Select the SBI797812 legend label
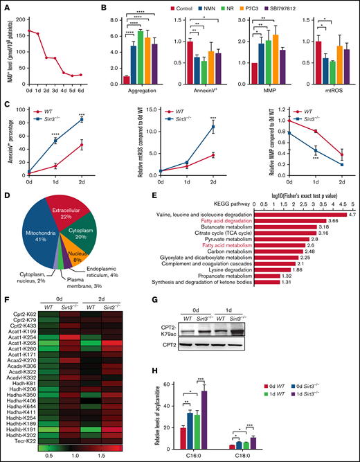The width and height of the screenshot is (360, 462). point(332,10)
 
